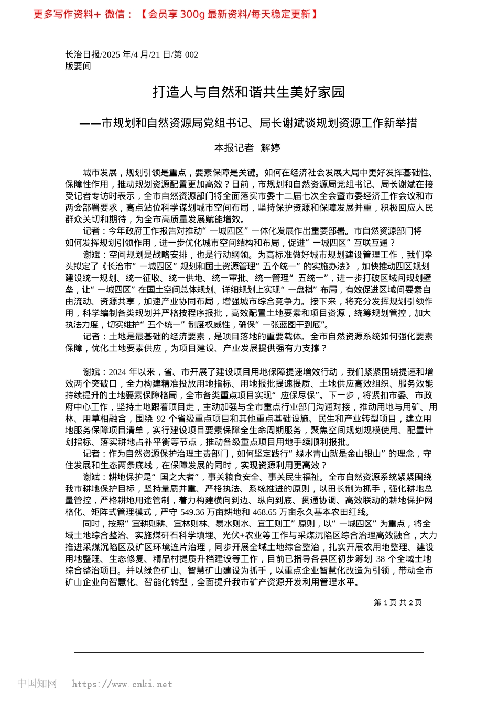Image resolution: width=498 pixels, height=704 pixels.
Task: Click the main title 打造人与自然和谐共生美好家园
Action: pyautogui.click(x=248, y=92)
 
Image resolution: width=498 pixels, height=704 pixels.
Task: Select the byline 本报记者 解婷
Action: pyautogui.click(x=247, y=148)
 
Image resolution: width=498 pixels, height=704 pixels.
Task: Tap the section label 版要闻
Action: pyautogui.click(x=78, y=66)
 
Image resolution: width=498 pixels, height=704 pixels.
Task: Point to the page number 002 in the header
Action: pyautogui.click(x=191, y=54)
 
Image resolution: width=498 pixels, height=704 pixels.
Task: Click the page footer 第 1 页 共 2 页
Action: pyautogui.click(x=397, y=602)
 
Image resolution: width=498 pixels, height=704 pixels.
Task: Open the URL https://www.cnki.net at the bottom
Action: pyautogui.click(x=122, y=684)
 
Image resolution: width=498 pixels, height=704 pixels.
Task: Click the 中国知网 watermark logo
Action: pyautogui.click(x=37, y=684)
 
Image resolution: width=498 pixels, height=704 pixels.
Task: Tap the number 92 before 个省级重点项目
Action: pyautogui.click(x=160, y=419)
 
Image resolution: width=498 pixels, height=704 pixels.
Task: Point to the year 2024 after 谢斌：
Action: pyautogui.click(x=117, y=372)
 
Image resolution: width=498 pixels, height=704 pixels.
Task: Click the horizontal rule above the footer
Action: pyautogui.click(x=248, y=652)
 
